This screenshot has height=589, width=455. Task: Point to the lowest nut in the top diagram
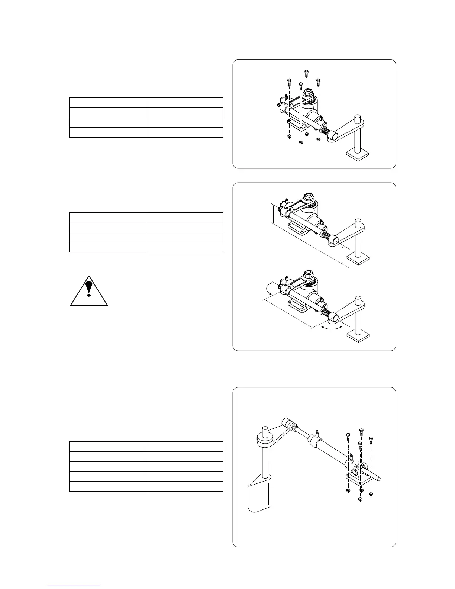click(301, 142)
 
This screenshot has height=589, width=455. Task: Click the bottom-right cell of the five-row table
click(184, 486)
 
